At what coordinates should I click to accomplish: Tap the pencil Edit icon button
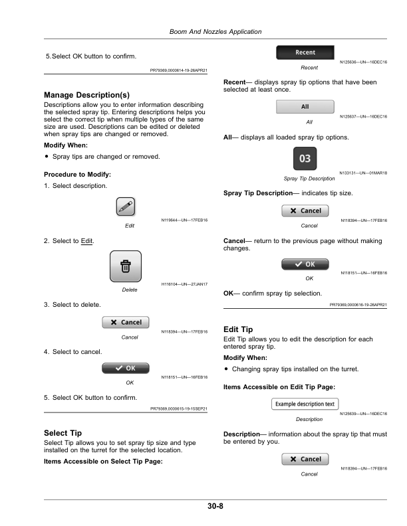click(x=126, y=208)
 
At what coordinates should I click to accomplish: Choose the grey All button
click(x=305, y=107)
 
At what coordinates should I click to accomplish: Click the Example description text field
click(x=305, y=404)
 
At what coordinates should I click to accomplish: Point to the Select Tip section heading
click(x=63, y=432)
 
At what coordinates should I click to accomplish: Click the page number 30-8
click(x=215, y=507)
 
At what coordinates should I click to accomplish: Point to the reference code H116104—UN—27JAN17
click(x=185, y=285)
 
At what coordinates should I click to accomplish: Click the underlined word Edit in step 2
click(x=86, y=239)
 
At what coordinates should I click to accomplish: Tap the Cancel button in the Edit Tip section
click(x=305, y=459)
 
